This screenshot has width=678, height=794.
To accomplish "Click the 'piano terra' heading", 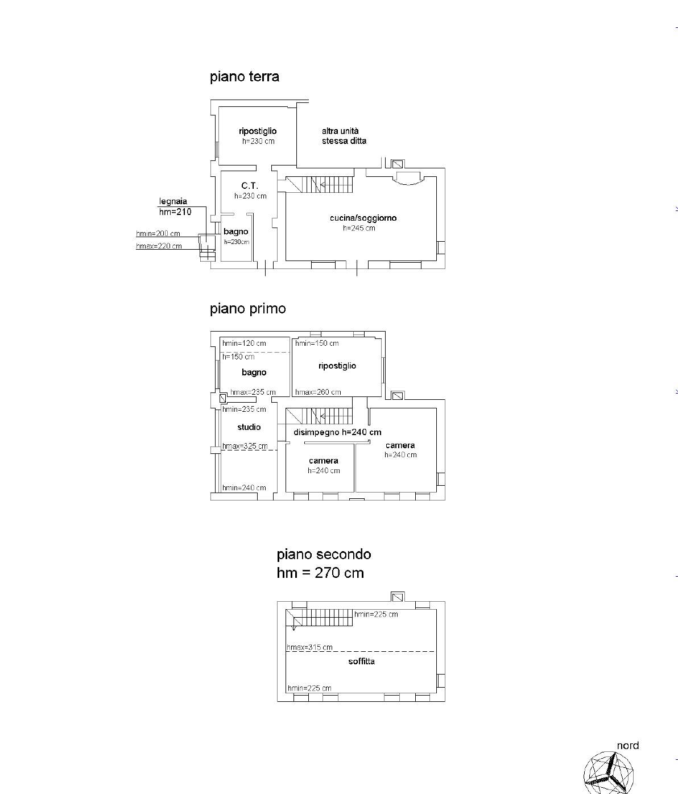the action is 245,77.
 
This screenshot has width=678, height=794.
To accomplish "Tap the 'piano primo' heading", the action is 248,309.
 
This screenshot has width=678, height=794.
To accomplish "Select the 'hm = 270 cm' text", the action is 320,573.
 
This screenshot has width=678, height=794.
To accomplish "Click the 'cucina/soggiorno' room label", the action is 363,218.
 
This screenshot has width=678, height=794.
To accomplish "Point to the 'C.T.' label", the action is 250,186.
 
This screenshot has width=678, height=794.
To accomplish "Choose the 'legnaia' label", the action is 173,202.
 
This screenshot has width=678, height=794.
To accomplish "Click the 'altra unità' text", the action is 340,131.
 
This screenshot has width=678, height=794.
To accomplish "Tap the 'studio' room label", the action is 249,427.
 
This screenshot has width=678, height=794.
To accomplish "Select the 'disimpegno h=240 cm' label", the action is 337,432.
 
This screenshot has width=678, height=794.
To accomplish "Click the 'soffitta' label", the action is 362,661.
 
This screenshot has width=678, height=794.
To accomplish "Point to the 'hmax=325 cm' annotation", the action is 245,446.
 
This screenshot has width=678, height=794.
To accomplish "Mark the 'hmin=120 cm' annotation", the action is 244,344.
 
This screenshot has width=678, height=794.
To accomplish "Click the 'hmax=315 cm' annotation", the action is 309,647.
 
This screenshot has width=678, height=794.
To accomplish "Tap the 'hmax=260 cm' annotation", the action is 318,392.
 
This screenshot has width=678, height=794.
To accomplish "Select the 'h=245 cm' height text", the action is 359,228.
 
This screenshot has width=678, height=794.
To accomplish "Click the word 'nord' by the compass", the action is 628,746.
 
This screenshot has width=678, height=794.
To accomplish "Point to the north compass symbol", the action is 609,773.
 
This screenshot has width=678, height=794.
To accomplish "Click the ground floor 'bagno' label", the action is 236,232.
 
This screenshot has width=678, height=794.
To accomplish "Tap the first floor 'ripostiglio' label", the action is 337,366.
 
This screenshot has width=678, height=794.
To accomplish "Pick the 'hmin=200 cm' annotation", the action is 158,234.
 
